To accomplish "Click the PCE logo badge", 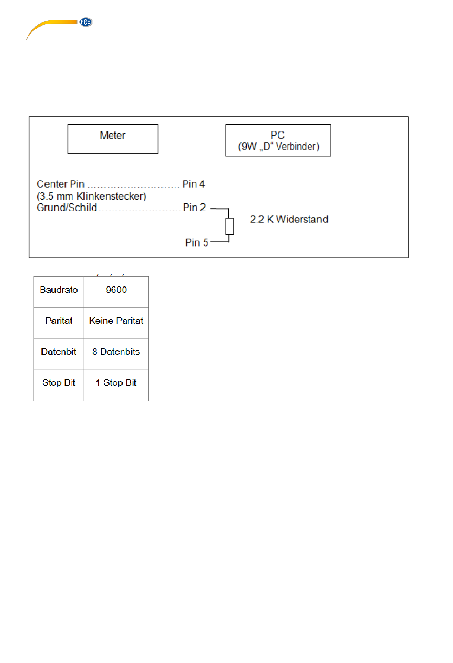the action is (x=85, y=22).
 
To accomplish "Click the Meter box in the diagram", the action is (x=113, y=139).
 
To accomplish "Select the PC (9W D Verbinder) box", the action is (x=278, y=140).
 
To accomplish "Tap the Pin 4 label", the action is (x=194, y=184).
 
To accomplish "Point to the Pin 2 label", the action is (x=194, y=208).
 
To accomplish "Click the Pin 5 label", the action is (x=196, y=243).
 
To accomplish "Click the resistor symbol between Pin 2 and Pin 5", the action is (x=229, y=226).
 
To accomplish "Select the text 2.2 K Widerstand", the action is (x=289, y=220).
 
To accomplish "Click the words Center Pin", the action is (x=61, y=184).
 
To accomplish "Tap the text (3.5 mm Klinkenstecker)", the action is (x=92, y=196).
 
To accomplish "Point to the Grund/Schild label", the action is (x=67, y=208).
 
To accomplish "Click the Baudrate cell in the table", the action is (x=59, y=290).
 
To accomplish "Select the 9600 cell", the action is (x=116, y=290).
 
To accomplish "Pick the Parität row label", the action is (x=59, y=321).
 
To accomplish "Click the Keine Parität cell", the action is (x=116, y=321).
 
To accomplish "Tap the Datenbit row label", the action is (x=59, y=352).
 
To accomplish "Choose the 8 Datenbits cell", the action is (x=116, y=352).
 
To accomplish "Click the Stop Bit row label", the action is (x=59, y=383).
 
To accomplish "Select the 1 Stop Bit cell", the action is (x=116, y=383).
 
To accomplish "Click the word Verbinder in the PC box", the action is (x=297, y=147).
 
